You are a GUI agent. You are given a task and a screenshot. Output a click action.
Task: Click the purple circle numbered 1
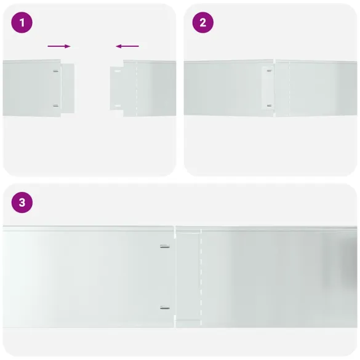(x=22, y=23)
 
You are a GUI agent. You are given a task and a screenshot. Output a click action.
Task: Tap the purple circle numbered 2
(x=202, y=23)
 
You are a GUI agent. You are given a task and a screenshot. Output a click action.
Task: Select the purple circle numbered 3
(x=22, y=202)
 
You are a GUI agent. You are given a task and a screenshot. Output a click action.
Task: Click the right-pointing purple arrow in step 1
(x=59, y=46)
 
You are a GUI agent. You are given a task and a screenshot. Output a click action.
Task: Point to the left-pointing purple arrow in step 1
(x=127, y=46)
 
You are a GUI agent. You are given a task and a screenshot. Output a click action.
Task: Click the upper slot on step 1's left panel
(x=56, y=71)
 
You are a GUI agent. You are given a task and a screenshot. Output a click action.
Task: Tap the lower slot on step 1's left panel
(x=56, y=106)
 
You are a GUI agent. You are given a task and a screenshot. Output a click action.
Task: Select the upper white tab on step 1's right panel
(x=118, y=71)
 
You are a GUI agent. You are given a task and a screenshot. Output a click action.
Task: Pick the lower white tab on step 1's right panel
(x=118, y=106)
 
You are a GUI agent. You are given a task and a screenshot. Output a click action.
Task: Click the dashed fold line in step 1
(x=137, y=89)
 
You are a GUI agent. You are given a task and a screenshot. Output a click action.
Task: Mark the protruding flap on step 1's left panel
(x=68, y=89)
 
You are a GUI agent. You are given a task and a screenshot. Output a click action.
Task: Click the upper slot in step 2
(x=270, y=71)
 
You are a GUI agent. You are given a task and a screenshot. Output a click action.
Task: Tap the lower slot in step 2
(x=270, y=106)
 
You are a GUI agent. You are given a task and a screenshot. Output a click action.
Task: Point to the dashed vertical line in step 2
(x=289, y=89)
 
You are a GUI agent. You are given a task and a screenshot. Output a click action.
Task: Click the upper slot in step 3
(x=165, y=247)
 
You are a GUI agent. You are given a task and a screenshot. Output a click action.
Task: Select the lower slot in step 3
(x=165, y=308)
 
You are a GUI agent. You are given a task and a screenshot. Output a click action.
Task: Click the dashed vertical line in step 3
(x=201, y=277)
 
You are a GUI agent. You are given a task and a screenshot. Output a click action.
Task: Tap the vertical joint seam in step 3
(x=175, y=277)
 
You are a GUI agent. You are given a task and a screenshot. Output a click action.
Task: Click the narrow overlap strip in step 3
(x=188, y=277)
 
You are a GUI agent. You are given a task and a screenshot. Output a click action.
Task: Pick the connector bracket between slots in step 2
(x=268, y=88)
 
